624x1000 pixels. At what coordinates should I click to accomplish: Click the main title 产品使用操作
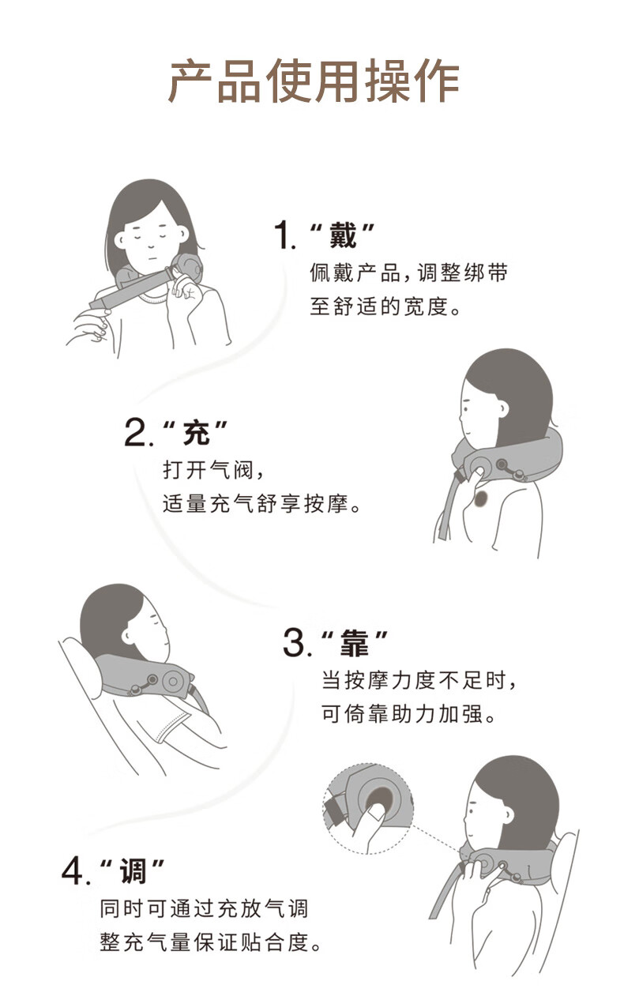(314, 81)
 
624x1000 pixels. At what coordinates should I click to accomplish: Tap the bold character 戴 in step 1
(343, 235)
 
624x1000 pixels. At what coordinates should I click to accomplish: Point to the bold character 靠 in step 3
(355, 643)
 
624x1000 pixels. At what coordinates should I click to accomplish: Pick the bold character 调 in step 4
(133, 871)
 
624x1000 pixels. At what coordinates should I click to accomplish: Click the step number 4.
(73, 871)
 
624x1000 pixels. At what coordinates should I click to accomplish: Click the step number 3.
(295, 643)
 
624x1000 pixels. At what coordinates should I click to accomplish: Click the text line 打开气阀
(208, 470)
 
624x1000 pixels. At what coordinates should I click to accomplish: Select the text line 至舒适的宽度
(379, 306)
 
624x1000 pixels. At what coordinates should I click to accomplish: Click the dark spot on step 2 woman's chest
(481, 499)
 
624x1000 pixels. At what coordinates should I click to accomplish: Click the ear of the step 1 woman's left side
(119, 240)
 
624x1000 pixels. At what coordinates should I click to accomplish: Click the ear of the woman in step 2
(502, 408)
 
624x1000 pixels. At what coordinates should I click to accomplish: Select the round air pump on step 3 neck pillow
(172, 681)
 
